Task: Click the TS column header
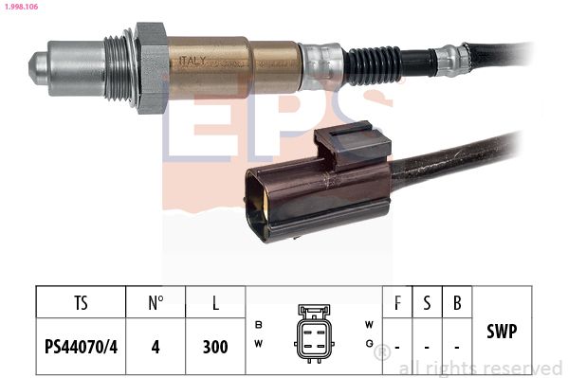point(80,304)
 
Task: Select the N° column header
point(156,304)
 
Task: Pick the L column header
point(216,304)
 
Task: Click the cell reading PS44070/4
point(80,348)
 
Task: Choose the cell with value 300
point(216,348)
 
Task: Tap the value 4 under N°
point(156,348)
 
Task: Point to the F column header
point(397,304)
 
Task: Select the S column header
point(427,304)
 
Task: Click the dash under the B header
point(457,348)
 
